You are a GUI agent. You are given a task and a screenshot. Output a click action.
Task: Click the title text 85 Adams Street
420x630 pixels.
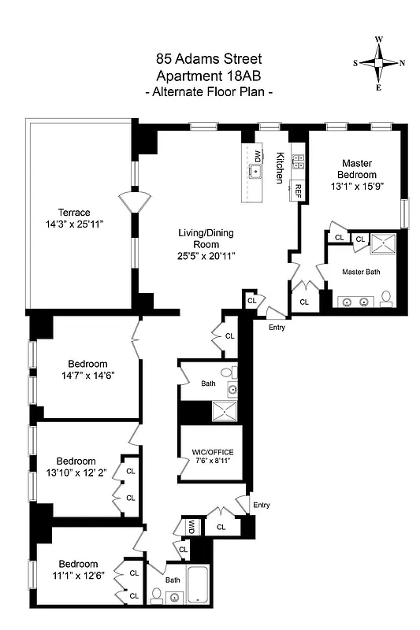210,58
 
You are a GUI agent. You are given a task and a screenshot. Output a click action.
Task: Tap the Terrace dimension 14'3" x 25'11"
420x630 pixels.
80,224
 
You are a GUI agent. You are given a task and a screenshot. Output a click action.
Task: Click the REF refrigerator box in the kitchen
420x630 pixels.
299,190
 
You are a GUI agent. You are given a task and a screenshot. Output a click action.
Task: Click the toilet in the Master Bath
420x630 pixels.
387,298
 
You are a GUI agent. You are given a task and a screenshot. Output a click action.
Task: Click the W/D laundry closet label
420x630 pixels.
191,526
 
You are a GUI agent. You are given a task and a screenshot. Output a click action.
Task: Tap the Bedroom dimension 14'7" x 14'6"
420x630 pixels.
87,376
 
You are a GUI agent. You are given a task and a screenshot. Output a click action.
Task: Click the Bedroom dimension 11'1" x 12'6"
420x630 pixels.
76,576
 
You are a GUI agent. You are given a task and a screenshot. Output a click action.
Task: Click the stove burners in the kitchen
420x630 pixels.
299,162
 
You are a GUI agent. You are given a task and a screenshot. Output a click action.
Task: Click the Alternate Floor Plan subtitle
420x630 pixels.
210,92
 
